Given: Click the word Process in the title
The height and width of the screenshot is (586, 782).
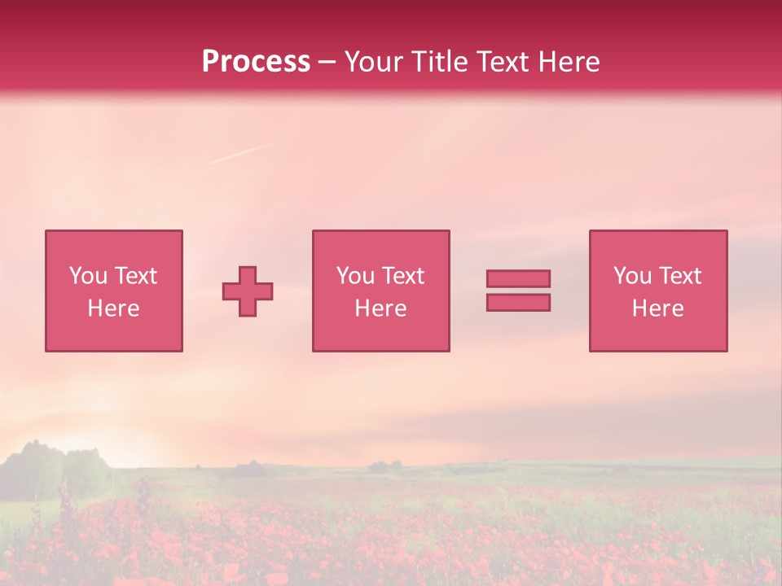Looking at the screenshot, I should tap(256, 62).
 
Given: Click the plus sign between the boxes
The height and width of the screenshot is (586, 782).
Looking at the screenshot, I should tap(248, 291).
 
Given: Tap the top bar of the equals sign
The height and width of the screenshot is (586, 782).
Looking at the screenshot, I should tap(518, 278).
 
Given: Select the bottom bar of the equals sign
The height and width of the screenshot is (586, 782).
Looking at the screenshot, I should tap(518, 302).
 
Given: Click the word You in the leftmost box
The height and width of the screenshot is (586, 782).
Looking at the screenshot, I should tap(88, 276).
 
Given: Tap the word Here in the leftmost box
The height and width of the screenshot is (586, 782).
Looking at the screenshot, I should tap(113, 308).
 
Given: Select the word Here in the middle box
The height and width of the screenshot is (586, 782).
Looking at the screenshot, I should tap(380, 308).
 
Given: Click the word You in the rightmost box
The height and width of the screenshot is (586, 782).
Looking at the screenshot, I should tap(632, 276).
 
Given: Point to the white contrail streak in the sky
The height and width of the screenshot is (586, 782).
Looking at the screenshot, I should tap(239, 154).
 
